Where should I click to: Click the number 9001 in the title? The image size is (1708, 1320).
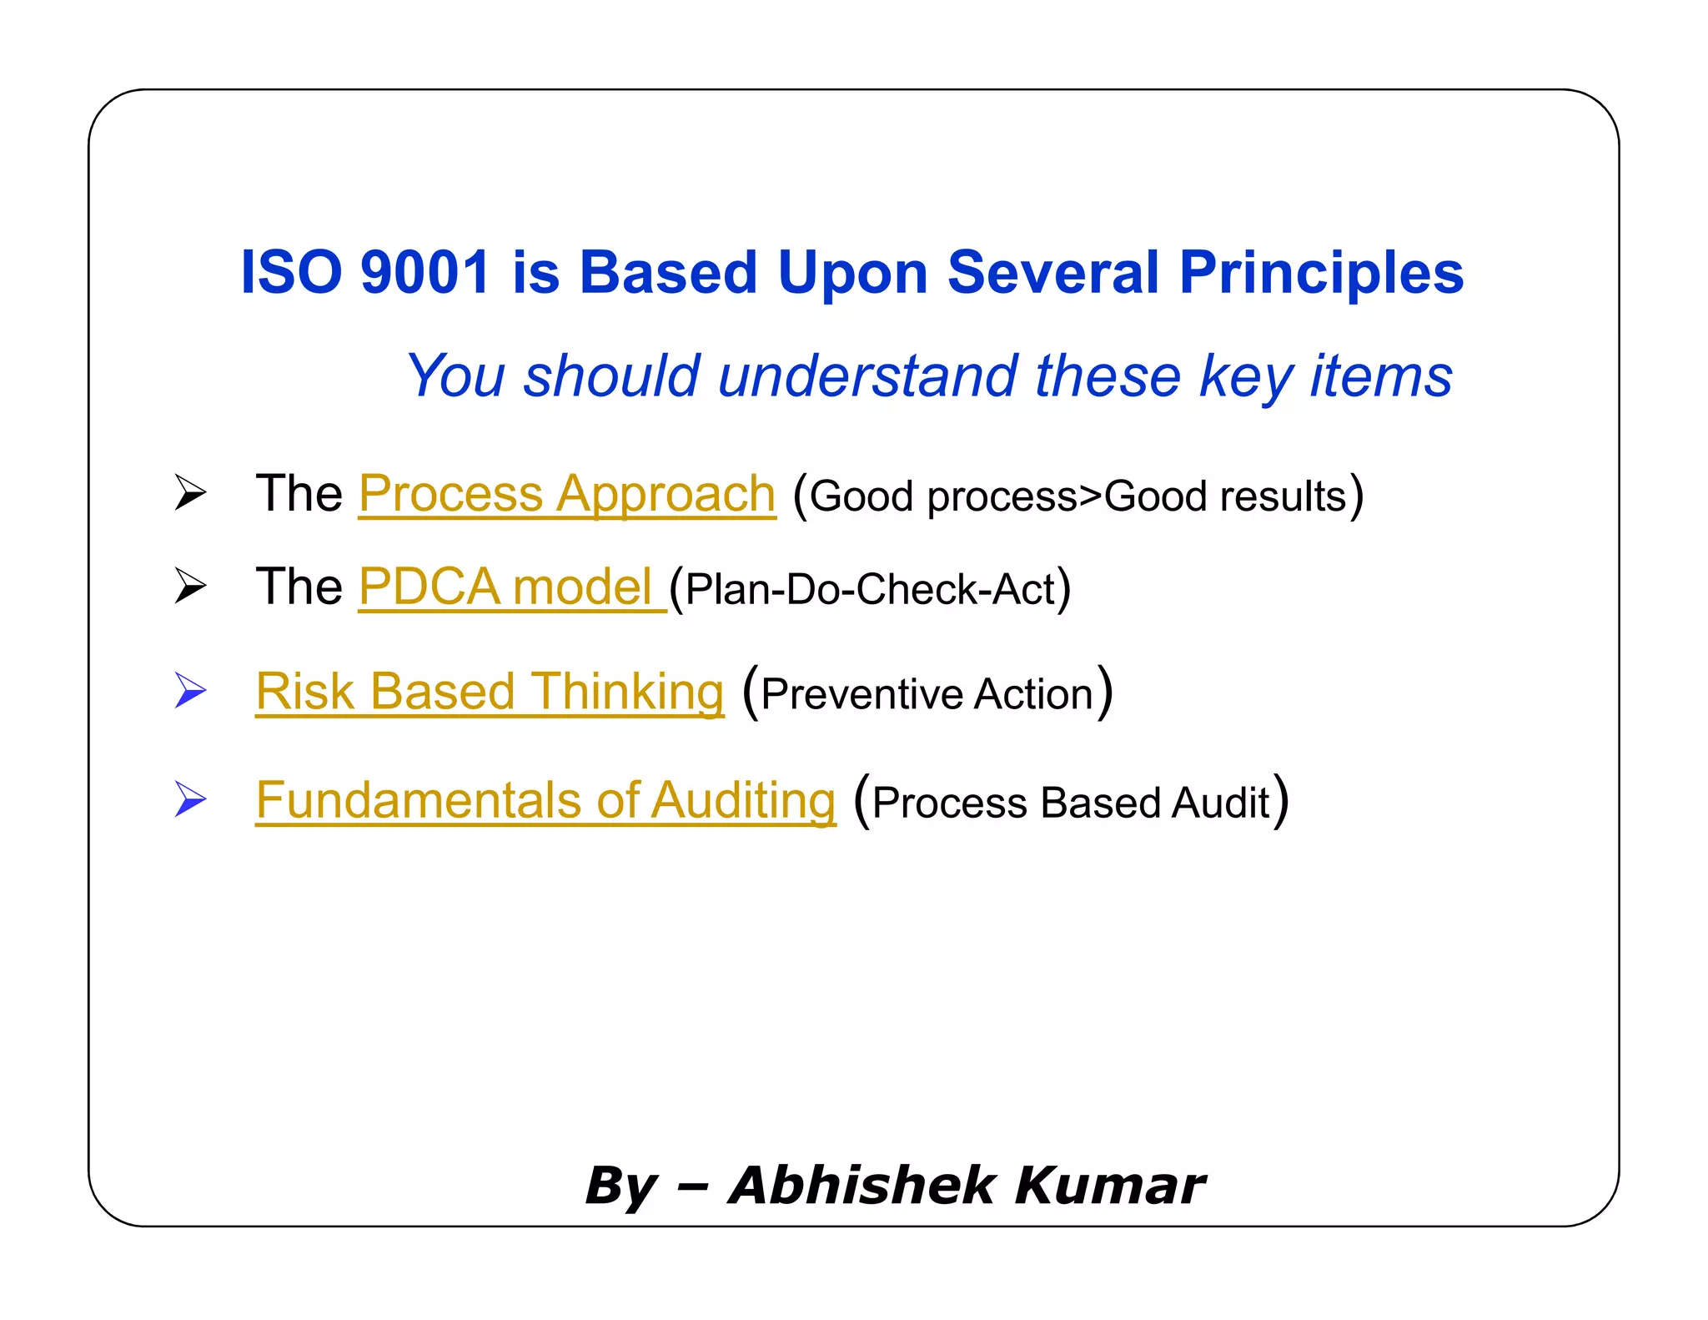(x=424, y=273)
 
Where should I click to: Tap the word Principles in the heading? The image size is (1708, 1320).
(x=1322, y=273)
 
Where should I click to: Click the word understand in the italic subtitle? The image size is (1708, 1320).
(x=867, y=376)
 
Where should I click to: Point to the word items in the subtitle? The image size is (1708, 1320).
(x=1381, y=376)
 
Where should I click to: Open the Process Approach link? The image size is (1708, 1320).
(x=567, y=494)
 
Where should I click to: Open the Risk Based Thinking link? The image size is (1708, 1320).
(x=490, y=692)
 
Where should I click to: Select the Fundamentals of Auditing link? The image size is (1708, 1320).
(x=545, y=800)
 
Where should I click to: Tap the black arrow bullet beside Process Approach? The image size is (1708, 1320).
(x=190, y=492)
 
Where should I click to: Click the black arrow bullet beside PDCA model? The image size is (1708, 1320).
(x=190, y=586)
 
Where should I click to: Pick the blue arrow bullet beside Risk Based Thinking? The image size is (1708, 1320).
(x=190, y=691)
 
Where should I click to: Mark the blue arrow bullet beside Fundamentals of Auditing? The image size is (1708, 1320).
(x=190, y=799)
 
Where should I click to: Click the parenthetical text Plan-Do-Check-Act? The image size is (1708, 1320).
(x=870, y=590)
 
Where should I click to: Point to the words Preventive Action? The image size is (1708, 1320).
(x=927, y=694)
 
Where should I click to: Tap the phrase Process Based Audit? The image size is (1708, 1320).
(x=1071, y=803)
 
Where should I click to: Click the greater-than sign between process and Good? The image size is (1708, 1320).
(x=1091, y=496)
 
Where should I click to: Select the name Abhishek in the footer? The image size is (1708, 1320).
(x=862, y=1185)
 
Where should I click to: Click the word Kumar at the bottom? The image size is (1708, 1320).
(x=1110, y=1185)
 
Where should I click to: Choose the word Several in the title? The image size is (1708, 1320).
(x=1052, y=273)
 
